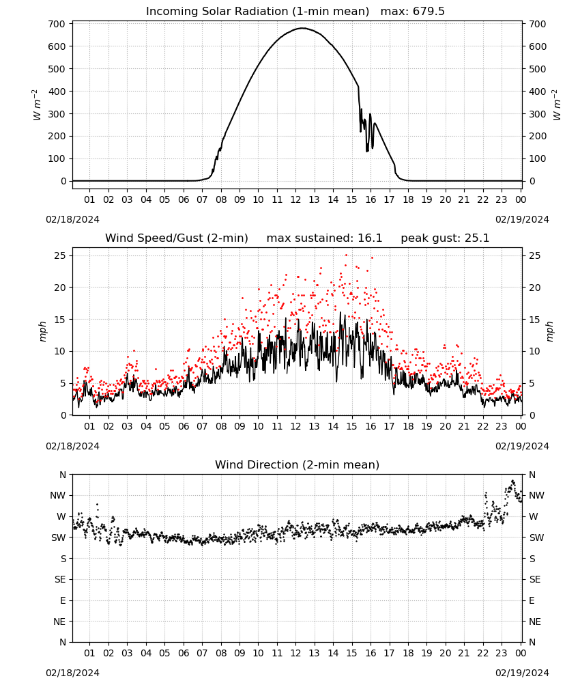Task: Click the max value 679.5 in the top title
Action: (x=429, y=11)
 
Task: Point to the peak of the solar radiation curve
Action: (x=303, y=28)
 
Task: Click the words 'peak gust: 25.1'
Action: (x=445, y=238)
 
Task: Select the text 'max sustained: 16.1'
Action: (x=324, y=238)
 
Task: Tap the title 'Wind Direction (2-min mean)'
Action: (x=298, y=464)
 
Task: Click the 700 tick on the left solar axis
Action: (x=57, y=24)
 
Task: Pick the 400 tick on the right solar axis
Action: (x=538, y=92)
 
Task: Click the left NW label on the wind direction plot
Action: (x=58, y=495)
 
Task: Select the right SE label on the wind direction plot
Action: (x=535, y=579)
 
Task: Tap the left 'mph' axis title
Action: (x=42, y=331)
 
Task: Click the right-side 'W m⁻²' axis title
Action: (x=557, y=104)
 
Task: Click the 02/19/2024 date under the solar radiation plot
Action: (x=522, y=219)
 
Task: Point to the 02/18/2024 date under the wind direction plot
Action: (x=72, y=673)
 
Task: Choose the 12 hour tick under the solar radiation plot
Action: (x=295, y=199)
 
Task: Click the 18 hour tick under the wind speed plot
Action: (x=408, y=426)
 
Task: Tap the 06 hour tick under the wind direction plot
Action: (x=184, y=653)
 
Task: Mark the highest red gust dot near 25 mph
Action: (x=347, y=255)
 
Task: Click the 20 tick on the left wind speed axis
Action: (x=60, y=288)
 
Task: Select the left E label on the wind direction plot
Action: (x=63, y=600)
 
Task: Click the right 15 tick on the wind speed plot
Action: (x=535, y=320)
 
